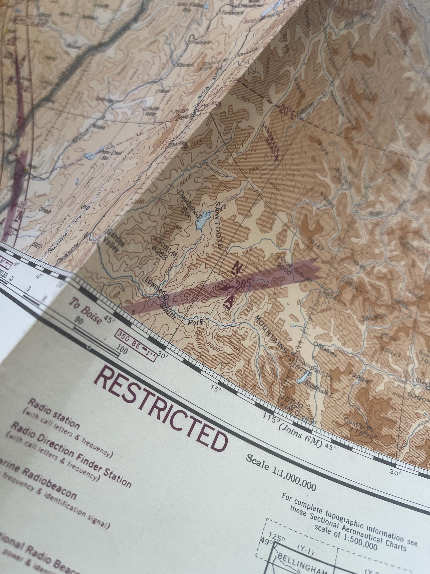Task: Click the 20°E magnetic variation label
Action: pos(287,113)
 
